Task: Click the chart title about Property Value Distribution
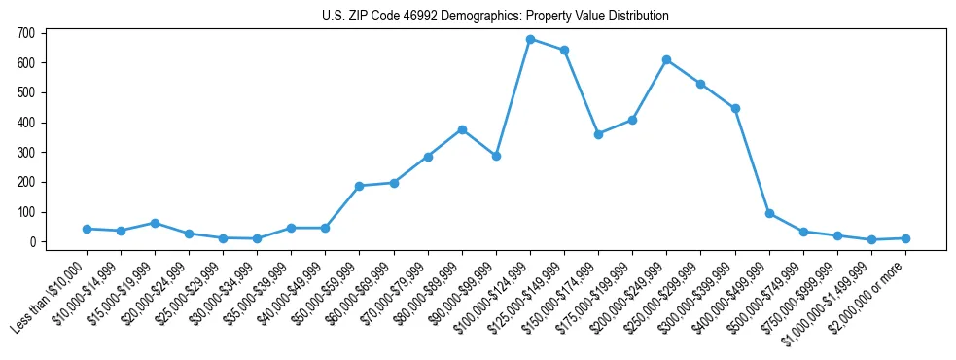[495, 17]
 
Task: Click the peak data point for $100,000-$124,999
[530, 39]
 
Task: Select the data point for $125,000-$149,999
[564, 50]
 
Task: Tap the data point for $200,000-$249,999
[666, 59]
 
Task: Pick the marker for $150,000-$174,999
[598, 134]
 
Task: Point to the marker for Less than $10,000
[87, 229]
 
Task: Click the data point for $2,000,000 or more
[905, 238]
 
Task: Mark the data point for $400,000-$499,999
[769, 213]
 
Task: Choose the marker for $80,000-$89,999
[462, 129]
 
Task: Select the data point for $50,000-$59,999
[360, 186]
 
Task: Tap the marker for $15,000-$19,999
[155, 223]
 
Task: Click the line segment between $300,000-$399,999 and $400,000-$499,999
[752, 161]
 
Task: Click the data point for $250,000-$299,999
[700, 84]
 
